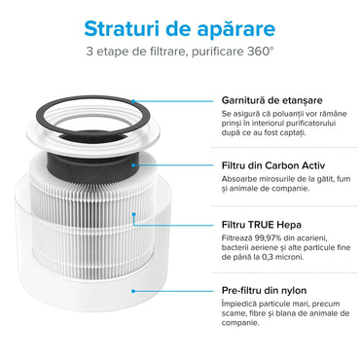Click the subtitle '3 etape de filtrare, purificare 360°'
coord(179,50)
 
